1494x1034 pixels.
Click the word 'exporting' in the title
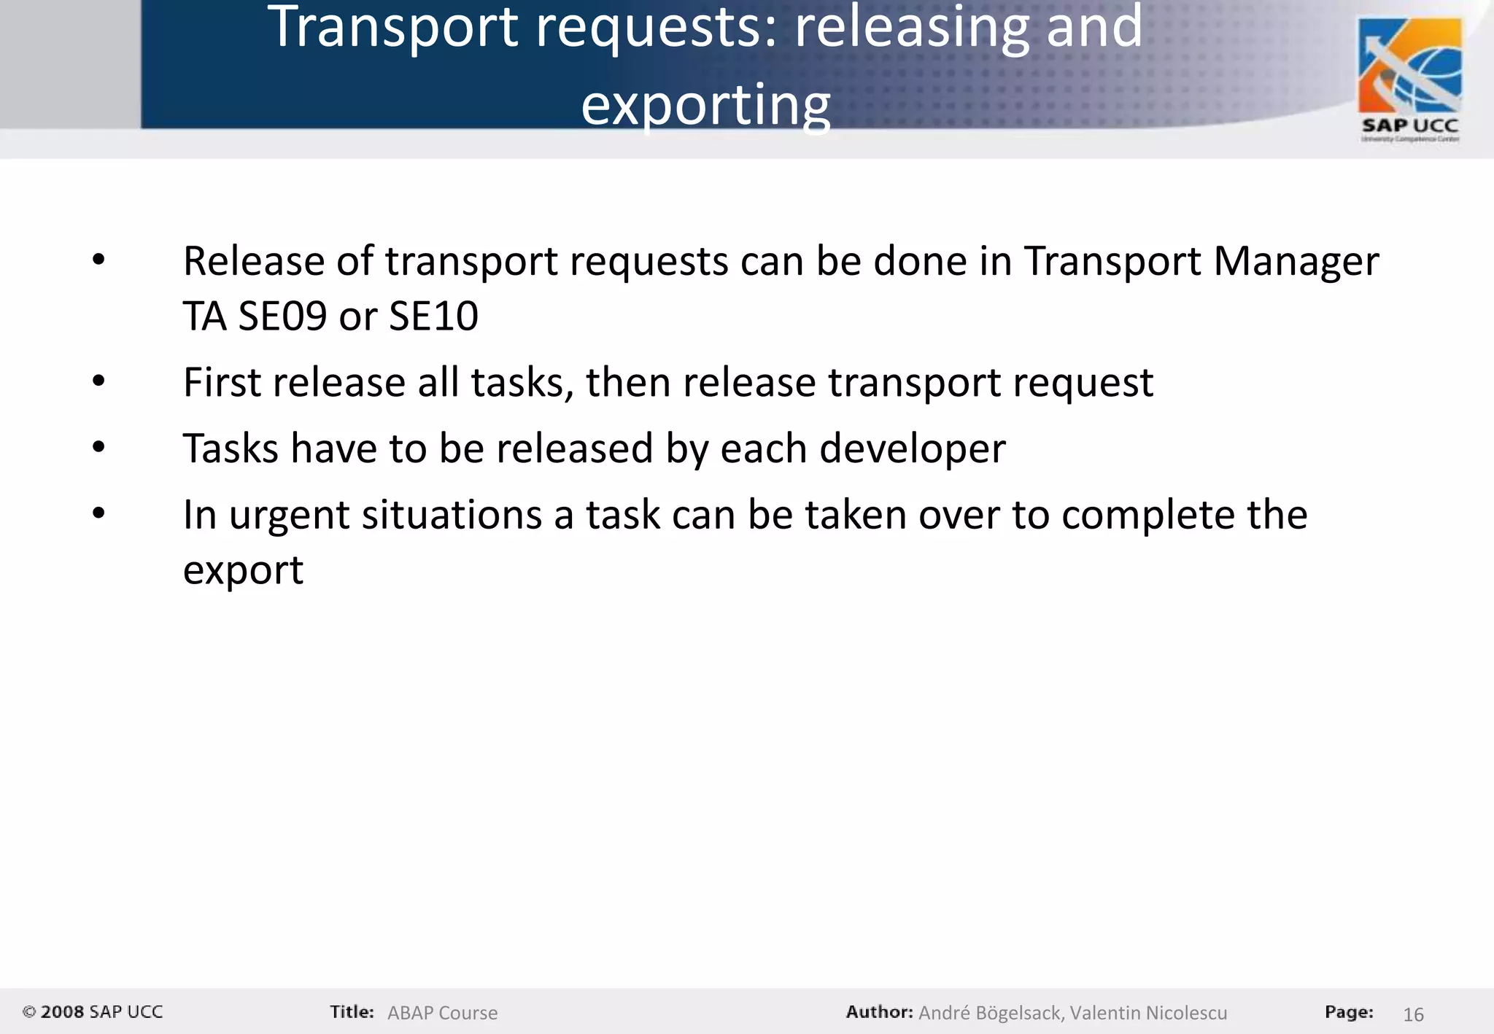[x=705, y=104]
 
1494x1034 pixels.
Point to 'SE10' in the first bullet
[x=433, y=316]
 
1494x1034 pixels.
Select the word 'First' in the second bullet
[x=222, y=382]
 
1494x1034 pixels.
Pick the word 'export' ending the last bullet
[x=243, y=570]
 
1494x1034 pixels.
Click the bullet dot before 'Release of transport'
[x=98, y=260]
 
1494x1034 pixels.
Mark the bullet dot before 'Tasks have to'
[x=98, y=447]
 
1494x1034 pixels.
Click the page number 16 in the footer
[x=1413, y=1014]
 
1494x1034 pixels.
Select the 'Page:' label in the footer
[x=1349, y=1011]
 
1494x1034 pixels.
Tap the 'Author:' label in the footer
[x=879, y=1011]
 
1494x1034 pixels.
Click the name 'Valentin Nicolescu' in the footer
[x=1148, y=1013]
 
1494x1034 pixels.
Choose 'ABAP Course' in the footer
[x=442, y=1013]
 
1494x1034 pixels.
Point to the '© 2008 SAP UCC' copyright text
[x=93, y=1011]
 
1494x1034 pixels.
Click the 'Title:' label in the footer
[x=352, y=1011]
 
